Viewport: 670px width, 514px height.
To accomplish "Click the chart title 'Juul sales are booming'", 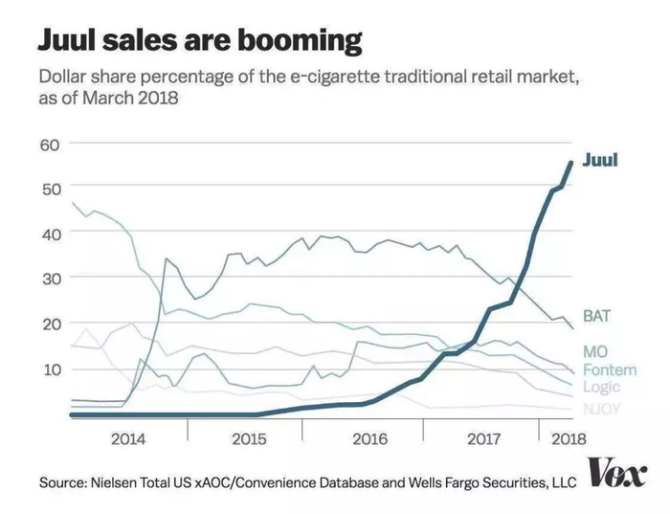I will pos(200,40).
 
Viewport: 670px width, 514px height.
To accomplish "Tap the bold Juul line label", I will pos(600,160).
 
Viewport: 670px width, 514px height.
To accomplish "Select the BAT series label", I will pos(597,315).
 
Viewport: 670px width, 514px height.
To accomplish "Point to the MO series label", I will pos(595,352).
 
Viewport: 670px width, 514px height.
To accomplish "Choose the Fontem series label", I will pos(609,369).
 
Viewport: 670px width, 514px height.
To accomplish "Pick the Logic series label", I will pos(601,387).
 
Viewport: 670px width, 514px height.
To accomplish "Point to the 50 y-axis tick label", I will pos(50,188).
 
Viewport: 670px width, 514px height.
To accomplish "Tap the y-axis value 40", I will pos(50,233).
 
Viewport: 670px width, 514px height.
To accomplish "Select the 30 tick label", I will pos(50,278).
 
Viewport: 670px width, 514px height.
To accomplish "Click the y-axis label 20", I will pos(50,324).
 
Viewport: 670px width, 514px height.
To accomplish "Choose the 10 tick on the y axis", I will pos(50,369).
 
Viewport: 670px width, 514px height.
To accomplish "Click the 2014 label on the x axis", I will pos(128,440).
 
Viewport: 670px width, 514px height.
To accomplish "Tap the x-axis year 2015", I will pos(248,440).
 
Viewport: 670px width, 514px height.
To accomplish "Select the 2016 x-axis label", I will pos(368,440).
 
